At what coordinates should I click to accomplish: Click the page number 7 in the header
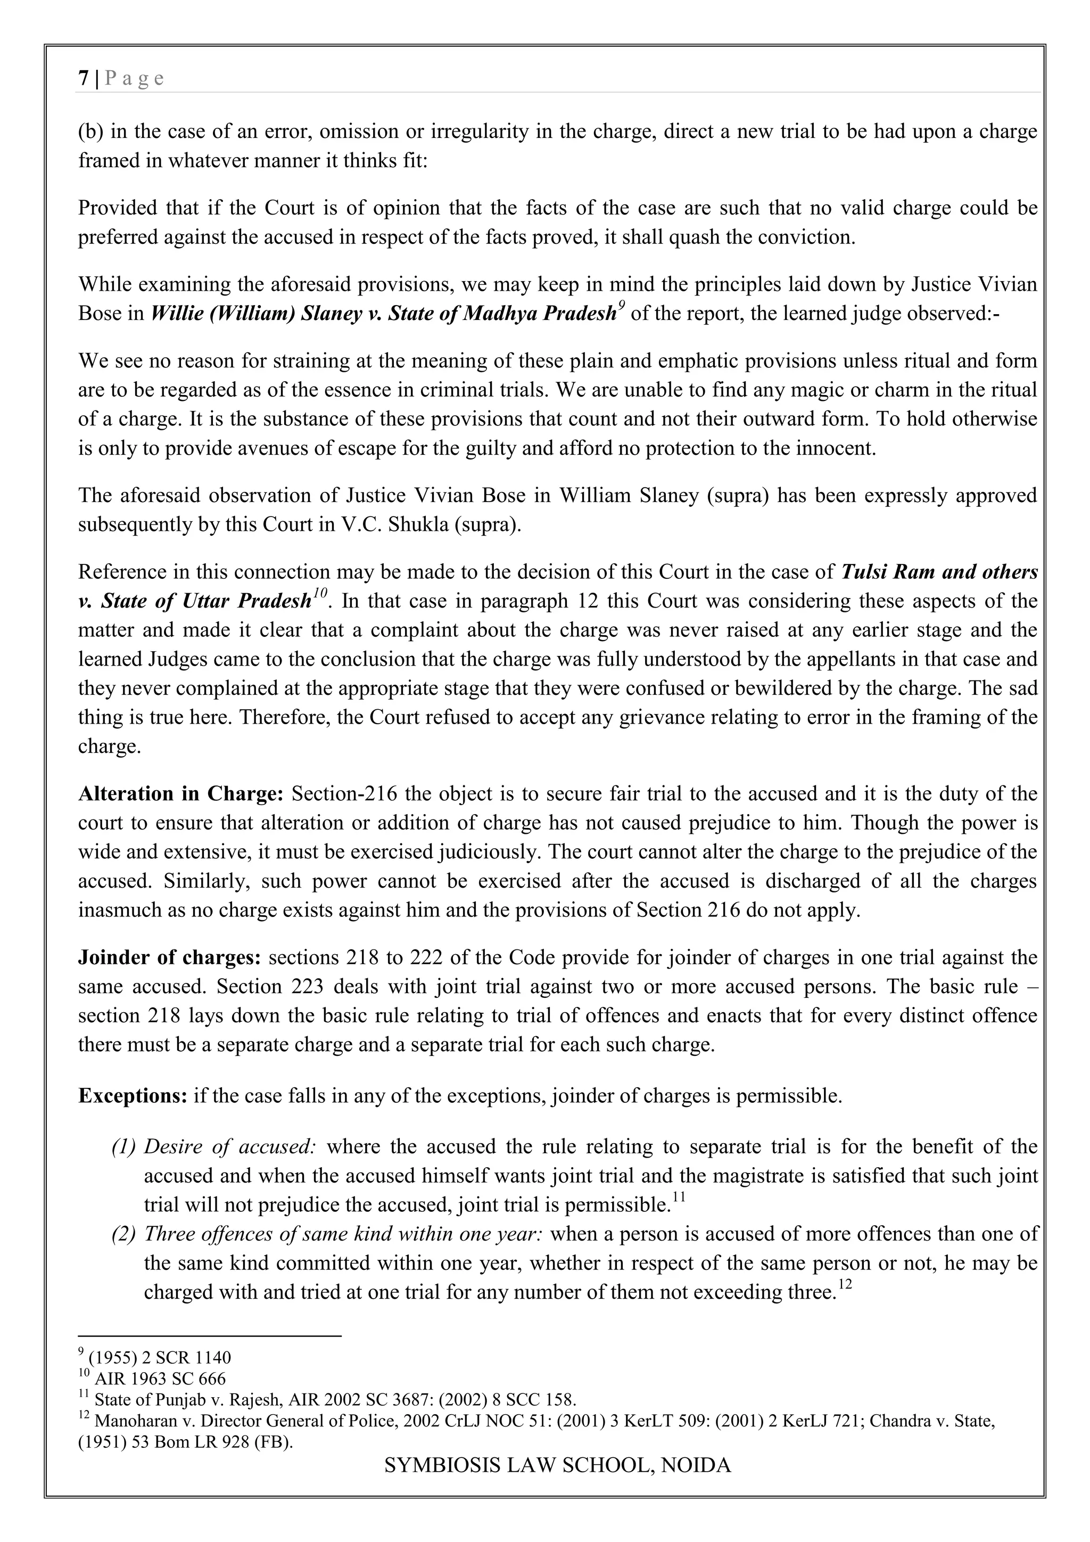(83, 79)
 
